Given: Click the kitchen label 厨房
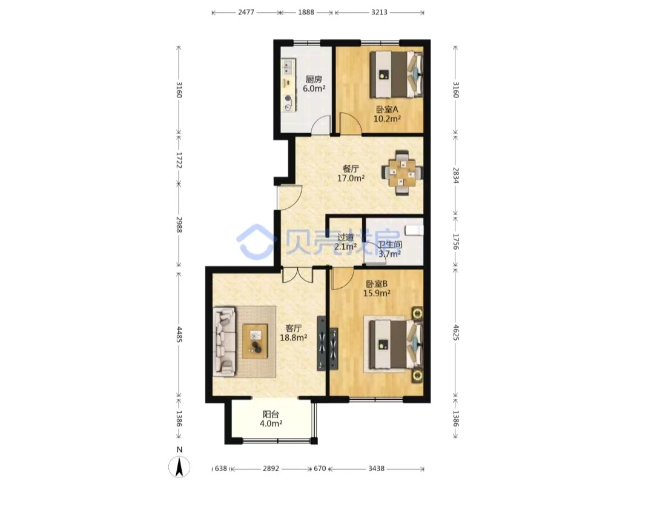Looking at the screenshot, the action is point(314,79).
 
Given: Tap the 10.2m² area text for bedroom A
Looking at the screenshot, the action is point(387,119).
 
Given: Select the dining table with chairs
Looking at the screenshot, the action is point(401,173).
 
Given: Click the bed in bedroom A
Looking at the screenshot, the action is point(397,75).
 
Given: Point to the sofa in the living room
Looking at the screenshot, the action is point(225,342).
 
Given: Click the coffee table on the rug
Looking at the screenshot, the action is point(255,341).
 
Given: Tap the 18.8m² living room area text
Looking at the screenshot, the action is point(293,337).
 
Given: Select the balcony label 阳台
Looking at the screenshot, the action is point(271,414).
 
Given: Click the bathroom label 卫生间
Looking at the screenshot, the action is point(390,245).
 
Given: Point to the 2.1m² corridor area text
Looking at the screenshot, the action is point(345,247).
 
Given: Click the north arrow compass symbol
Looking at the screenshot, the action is point(179,465).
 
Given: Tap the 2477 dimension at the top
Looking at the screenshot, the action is point(246,12).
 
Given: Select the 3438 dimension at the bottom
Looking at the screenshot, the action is point(376,469).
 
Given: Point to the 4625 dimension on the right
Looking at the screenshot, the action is point(455,333).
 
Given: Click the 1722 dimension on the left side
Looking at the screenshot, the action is point(179,160).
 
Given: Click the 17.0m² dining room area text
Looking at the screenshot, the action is point(351,178).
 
